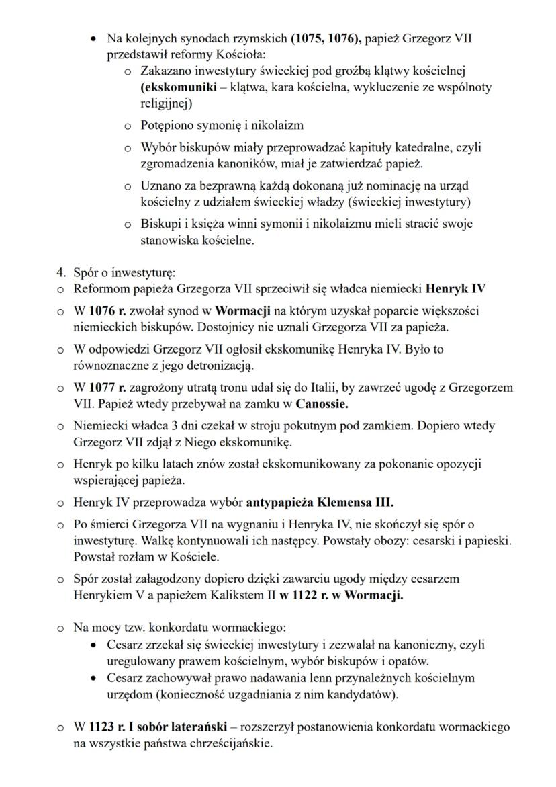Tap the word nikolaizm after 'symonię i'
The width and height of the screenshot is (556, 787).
coord(277,126)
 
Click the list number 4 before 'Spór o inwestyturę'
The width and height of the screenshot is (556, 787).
coord(60,273)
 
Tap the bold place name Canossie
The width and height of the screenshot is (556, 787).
coord(322,405)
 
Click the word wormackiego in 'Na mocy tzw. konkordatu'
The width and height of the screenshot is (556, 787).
coord(250,628)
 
